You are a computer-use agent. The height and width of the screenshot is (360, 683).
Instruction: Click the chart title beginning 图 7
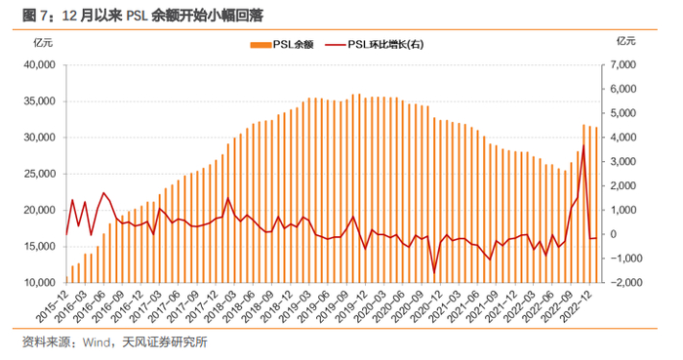(x=142, y=16)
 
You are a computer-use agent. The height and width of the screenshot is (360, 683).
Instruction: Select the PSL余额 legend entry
(x=282, y=45)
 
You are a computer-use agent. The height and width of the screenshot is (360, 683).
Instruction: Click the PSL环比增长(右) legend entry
(x=374, y=45)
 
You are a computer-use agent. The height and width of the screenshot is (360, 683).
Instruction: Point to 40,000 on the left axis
(x=39, y=64)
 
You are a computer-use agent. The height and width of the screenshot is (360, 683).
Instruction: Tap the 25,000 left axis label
(x=39, y=174)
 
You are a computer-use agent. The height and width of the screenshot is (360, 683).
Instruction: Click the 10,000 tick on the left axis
(x=39, y=283)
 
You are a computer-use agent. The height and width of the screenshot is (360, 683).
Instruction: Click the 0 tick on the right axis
(x=614, y=234)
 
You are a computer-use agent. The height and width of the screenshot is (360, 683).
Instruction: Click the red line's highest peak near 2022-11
(x=583, y=145)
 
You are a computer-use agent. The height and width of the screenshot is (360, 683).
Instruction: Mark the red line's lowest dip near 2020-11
(x=434, y=273)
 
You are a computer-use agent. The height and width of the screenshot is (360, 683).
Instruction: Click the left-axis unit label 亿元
(x=43, y=43)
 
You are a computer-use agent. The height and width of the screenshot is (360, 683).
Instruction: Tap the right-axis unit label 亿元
(x=626, y=41)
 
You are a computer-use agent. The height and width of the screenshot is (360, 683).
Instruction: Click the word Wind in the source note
(x=97, y=342)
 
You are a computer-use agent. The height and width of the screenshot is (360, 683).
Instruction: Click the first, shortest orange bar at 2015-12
(x=66, y=279)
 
